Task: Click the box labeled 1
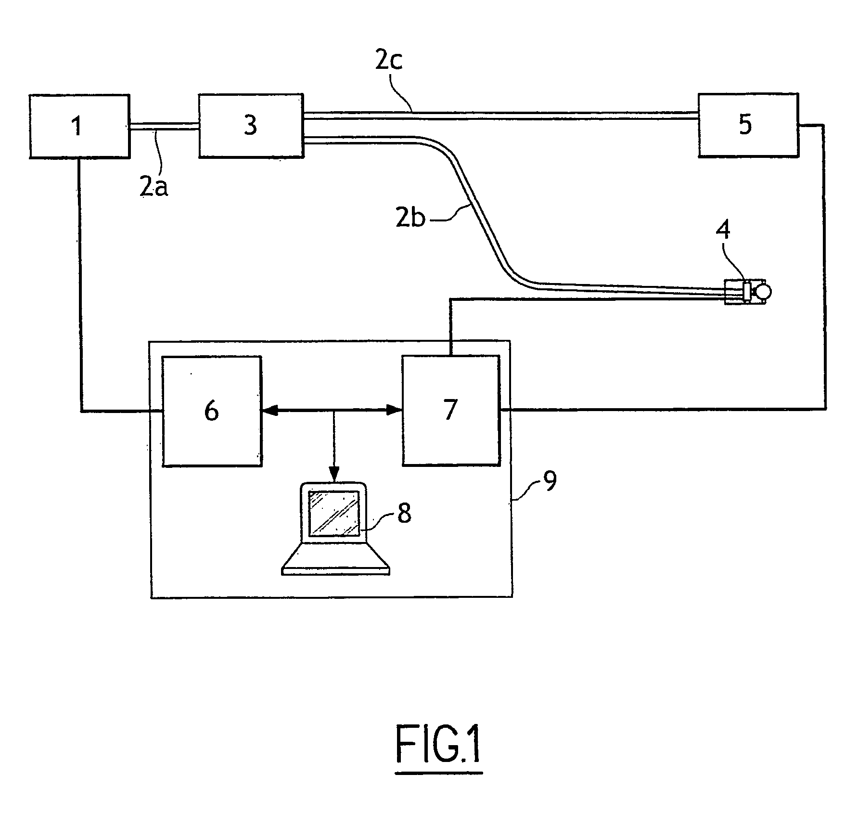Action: [80, 126]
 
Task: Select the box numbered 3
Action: [251, 125]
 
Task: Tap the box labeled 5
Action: [748, 125]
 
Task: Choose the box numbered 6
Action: [212, 411]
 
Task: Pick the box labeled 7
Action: [451, 411]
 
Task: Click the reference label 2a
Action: [154, 187]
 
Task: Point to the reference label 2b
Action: [410, 219]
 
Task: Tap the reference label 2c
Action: [389, 62]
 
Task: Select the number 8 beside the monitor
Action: [404, 514]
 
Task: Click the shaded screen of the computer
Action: [334, 513]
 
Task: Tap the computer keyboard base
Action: [335, 559]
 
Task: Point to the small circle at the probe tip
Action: [763, 290]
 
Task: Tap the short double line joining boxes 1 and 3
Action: [165, 127]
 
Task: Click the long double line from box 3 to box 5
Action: [501, 115]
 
